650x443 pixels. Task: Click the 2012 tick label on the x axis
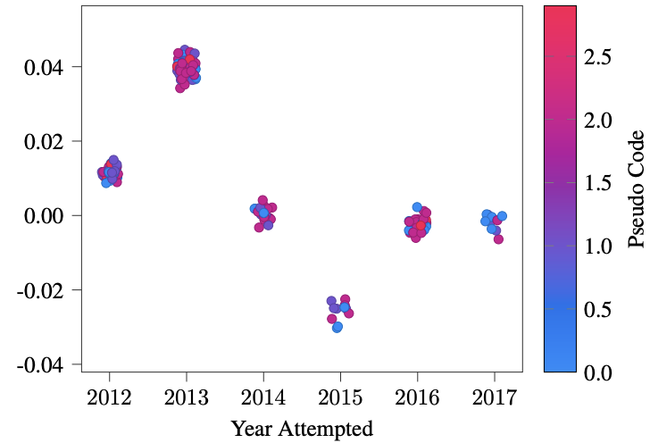click(110, 397)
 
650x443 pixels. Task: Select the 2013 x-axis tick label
click(187, 397)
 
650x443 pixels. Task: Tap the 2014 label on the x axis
click(263, 397)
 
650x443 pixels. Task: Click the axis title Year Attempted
click(302, 429)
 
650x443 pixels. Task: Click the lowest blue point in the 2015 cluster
click(337, 328)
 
